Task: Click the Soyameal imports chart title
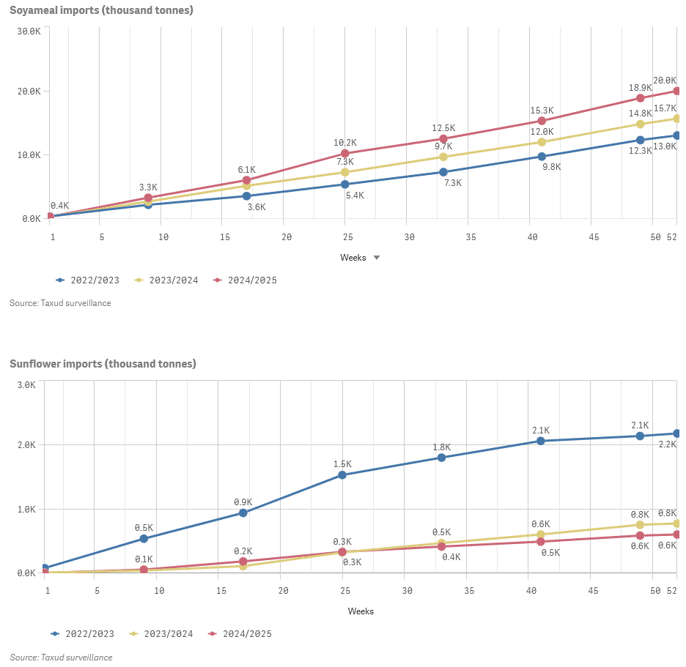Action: coord(101,10)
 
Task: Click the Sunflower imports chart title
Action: coord(103,364)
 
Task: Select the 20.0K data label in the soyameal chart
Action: coord(664,81)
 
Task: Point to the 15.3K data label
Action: coord(542,111)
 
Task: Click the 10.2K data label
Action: coord(345,143)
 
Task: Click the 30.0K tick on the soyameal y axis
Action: coord(30,31)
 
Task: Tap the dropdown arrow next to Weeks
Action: coord(377,258)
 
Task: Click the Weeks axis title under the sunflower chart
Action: coord(361,611)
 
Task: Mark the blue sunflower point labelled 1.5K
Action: coord(342,475)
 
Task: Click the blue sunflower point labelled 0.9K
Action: coord(243,513)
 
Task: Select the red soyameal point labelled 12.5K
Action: coord(443,139)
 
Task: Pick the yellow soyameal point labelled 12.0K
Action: coord(542,142)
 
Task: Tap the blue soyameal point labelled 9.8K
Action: coord(542,157)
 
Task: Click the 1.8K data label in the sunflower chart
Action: coord(441,447)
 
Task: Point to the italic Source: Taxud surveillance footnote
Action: coord(61,657)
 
